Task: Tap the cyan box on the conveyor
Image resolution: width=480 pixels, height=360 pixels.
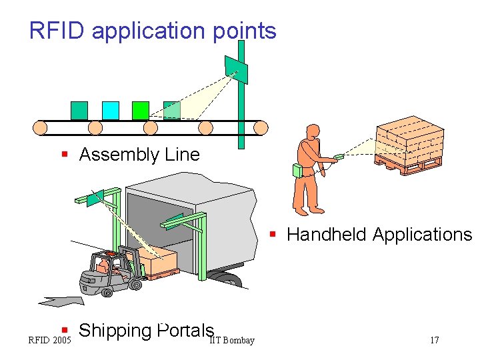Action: [110, 110]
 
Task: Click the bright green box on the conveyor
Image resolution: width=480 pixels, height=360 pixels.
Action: [141, 110]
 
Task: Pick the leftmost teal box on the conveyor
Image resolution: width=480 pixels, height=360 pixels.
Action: [79, 110]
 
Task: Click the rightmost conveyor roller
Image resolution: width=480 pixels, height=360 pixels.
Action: [259, 127]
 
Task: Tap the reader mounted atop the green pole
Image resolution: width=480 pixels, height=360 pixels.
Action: [237, 70]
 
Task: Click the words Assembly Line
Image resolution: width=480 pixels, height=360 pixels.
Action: [139, 155]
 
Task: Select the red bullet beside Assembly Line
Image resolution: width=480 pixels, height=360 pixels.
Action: [65, 155]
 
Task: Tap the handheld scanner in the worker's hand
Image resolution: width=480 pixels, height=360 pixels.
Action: [339, 157]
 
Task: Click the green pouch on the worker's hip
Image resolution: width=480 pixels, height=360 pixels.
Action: [297, 171]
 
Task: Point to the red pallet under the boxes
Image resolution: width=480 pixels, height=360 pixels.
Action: [408, 163]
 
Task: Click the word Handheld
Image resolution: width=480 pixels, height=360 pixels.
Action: [327, 235]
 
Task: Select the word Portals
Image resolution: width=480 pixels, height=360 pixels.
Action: [186, 331]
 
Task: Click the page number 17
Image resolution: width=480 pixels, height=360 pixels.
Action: [434, 341]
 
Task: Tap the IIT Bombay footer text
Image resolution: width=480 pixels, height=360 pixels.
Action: [232, 341]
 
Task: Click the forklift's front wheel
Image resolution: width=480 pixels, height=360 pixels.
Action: [136, 284]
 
